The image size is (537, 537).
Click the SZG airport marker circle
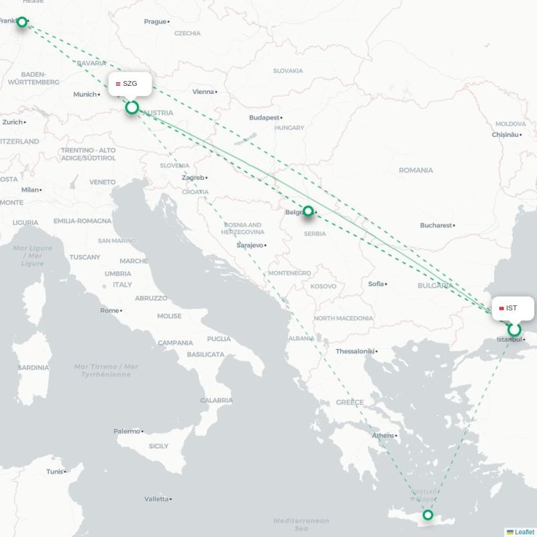point(132,107)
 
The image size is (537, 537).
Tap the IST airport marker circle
point(514,330)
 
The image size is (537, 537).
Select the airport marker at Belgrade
point(308,211)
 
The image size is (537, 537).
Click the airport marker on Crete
point(428,516)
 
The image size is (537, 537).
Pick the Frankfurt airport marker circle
point(22,22)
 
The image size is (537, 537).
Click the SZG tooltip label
point(130,84)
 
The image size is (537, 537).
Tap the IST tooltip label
point(512,308)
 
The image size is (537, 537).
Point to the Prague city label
point(155,21)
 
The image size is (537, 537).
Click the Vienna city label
point(204,92)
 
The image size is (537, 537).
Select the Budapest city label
point(264,117)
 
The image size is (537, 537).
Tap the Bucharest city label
point(436,226)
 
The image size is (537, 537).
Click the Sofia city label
point(376,284)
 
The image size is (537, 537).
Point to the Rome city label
point(109,311)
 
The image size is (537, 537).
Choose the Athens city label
point(383,436)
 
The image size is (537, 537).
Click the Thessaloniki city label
point(355,351)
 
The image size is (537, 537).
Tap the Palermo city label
point(127,432)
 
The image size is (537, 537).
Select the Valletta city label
point(157,499)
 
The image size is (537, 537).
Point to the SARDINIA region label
point(33,368)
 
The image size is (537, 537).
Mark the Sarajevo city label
point(250,246)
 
